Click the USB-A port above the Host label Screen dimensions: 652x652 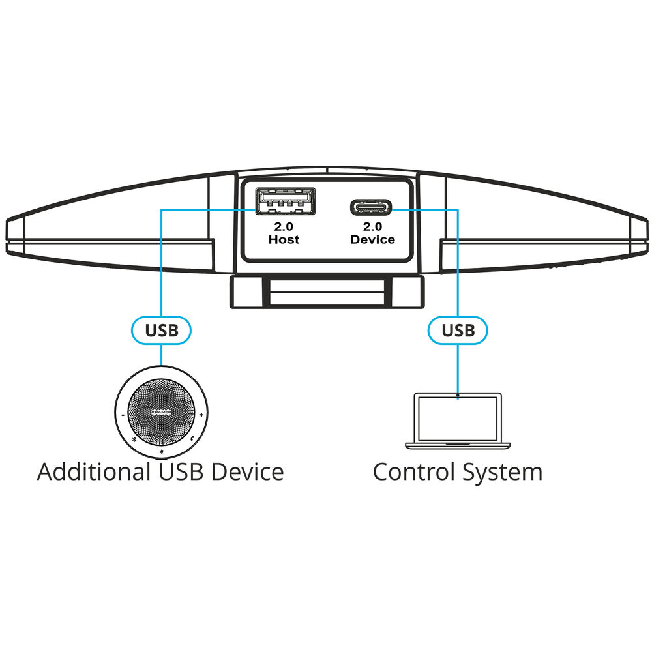pos(284,203)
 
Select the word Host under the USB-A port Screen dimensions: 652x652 pos(284,240)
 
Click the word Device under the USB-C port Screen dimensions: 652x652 pos(372,240)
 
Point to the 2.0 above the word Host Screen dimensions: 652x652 pos(284,227)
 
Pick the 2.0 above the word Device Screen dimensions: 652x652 pos(372,227)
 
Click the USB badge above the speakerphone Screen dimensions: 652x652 pos(161,330)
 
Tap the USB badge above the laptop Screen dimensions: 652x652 pos(458,330)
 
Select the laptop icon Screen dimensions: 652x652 pos(458,421)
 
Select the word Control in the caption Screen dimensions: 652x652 pos(413,471)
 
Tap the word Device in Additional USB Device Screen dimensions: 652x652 pos(250,471)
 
